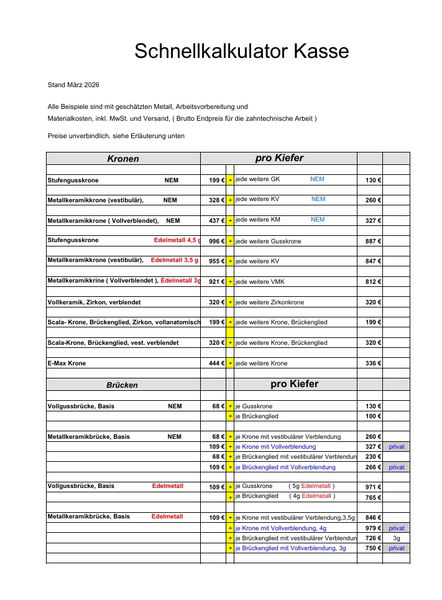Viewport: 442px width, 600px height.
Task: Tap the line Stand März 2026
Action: (x=73, y=85)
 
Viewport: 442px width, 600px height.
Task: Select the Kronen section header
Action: (x=123, y=159)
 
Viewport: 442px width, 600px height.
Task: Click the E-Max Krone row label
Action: (x=67, y=363)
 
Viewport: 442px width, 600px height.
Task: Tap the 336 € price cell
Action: (x=373, y=363)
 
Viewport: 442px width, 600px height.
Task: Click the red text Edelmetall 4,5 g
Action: (x=177, y=240)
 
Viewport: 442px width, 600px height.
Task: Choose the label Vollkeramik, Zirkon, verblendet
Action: (x=94, y=302)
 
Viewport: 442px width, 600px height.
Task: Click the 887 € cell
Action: (x=373, y=241)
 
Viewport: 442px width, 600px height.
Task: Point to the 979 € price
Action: (x=373, y=528)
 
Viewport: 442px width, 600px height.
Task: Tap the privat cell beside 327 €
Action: (x=396, y=447)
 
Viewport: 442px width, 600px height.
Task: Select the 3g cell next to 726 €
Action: (x=396, y=538)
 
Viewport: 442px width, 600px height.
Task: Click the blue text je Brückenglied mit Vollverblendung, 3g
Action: (x=290, y=548)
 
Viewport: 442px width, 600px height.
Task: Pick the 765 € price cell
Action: (x=373, y=498)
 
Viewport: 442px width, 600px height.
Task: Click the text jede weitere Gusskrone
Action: (x=268, y=241)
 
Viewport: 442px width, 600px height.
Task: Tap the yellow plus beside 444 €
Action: (x=230, y=363)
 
